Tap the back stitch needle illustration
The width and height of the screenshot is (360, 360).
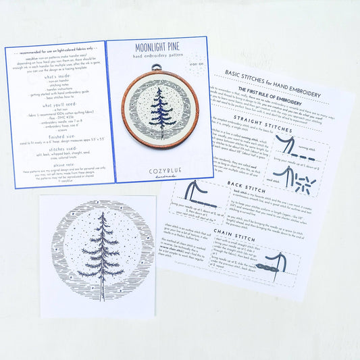pyautogui.click(x=197, y=194)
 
